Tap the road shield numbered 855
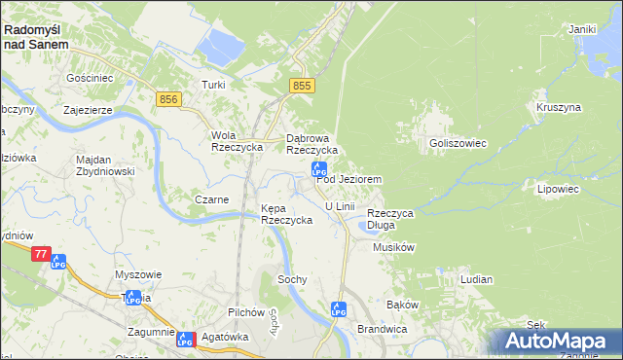click(x=302, y=88)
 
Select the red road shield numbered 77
click(x=40, y=254)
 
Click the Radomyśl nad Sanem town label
click(x=36, y=37)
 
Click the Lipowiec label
click(x=558, y=189)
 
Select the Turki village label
click(x=213, y=85)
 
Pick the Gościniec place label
click(x=89, y=77)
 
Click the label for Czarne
click(x=211, y=199)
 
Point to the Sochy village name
click(x=292, y=279)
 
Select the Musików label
click(x=394, y=247)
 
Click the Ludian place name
click(x=476, y=279)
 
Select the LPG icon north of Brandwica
click(x=338, y=309)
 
